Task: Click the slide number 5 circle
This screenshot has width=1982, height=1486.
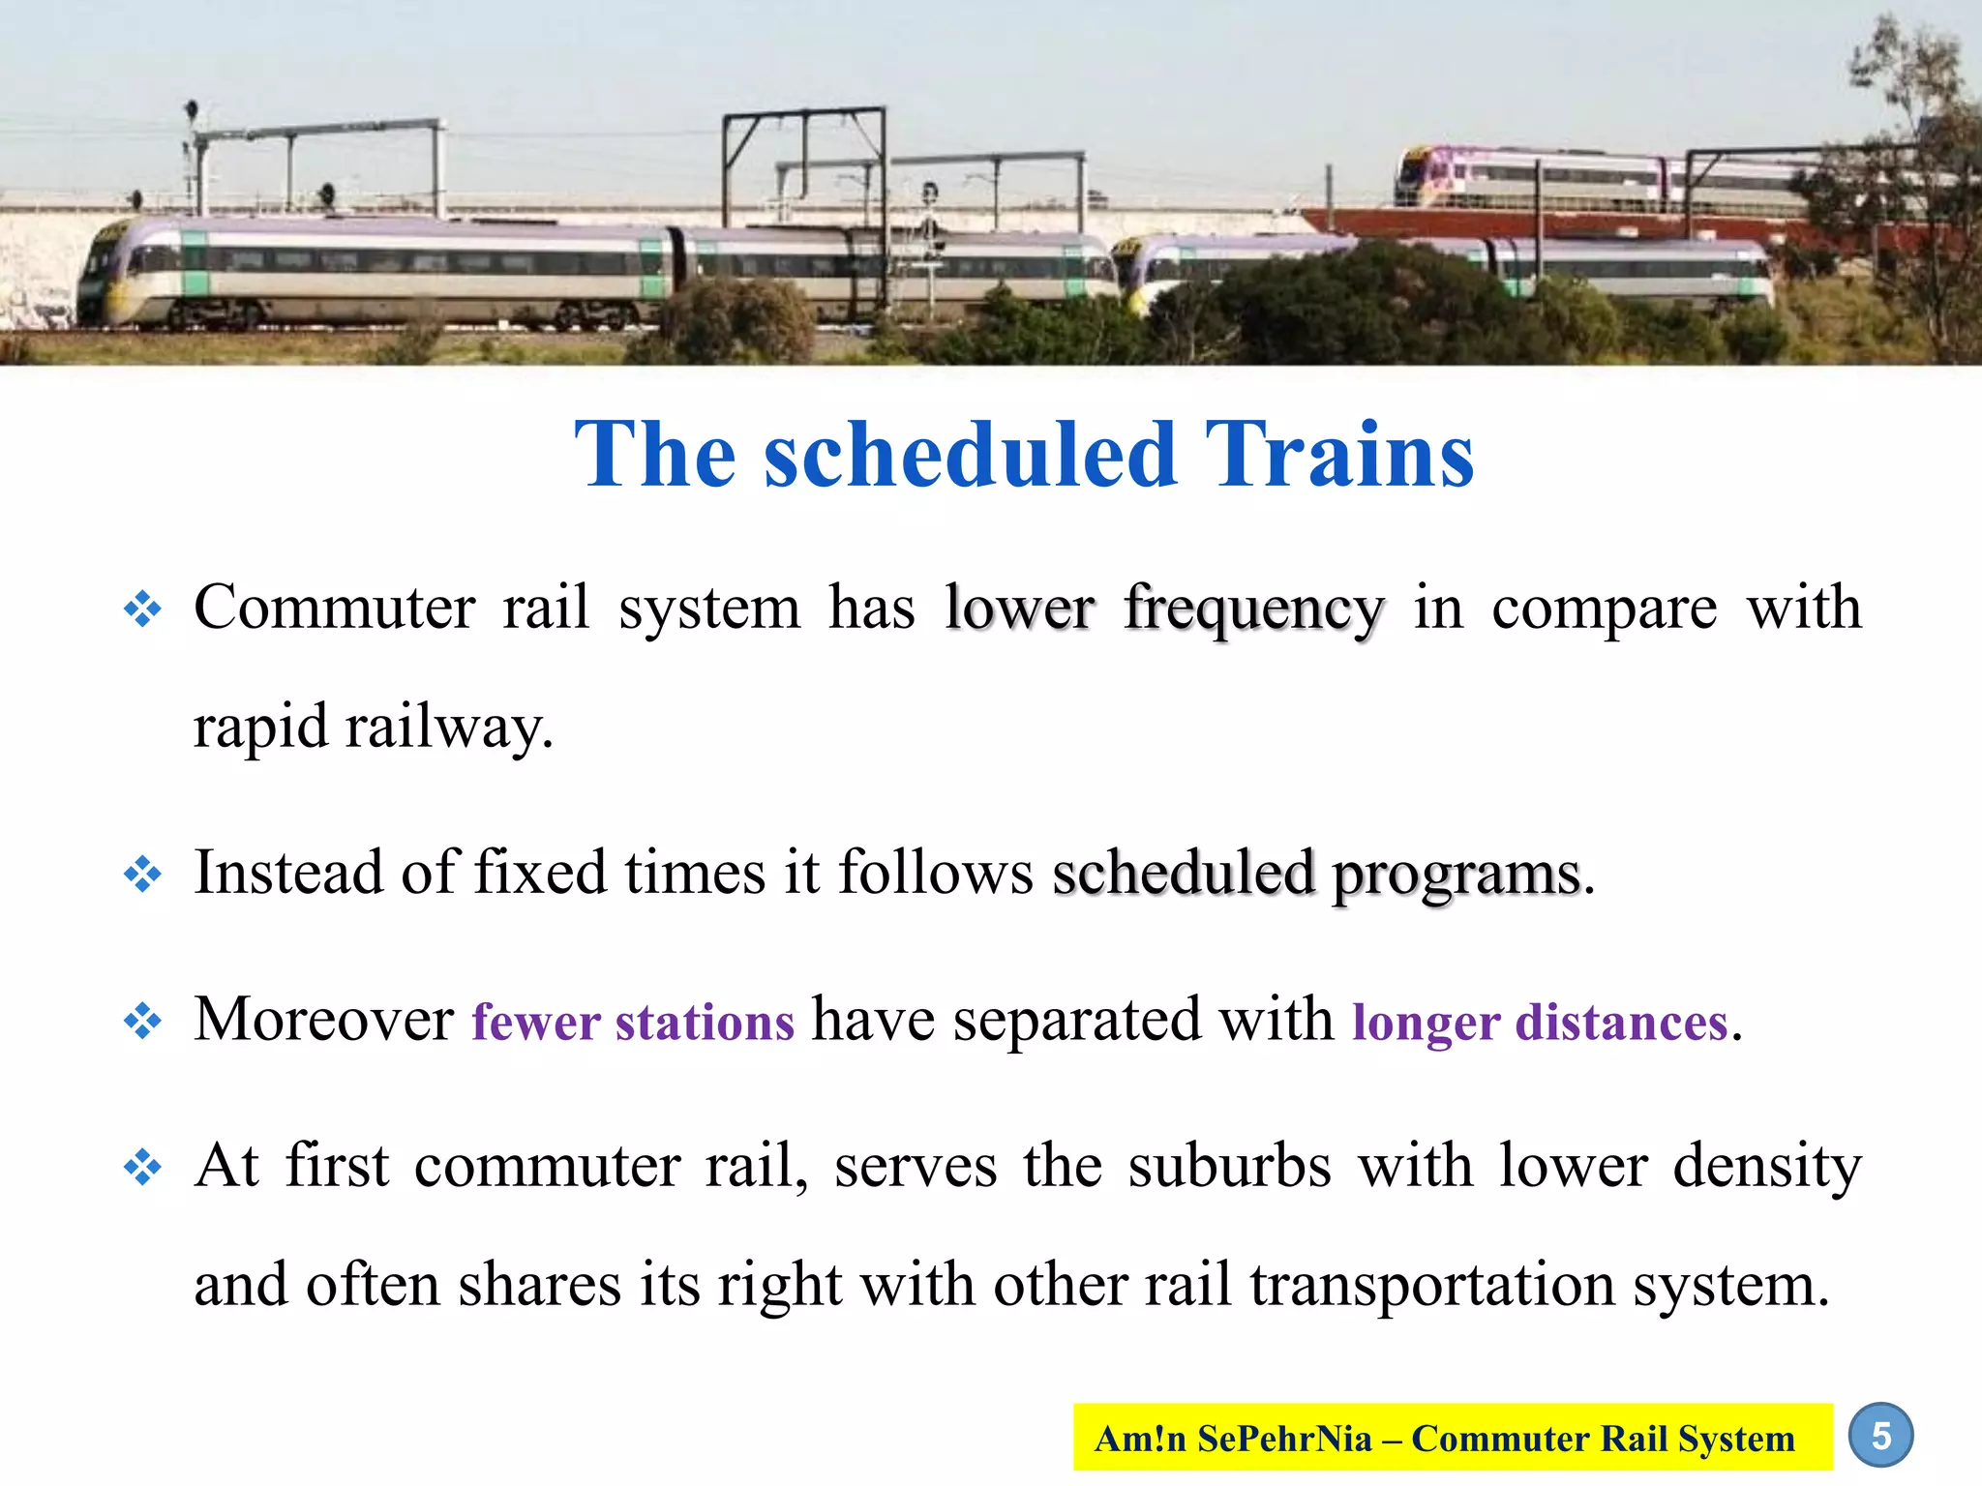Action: [1880, 1436]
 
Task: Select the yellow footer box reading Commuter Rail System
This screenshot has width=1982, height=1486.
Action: [1453, 1438]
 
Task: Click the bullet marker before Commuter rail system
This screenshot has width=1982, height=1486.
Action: [142, 610]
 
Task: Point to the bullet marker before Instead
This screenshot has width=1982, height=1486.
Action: [142, 875]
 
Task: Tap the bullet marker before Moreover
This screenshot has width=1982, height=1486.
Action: [142, 1022]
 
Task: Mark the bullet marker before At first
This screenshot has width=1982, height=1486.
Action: [142, 1167]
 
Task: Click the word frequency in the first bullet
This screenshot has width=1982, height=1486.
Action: [1254, 610]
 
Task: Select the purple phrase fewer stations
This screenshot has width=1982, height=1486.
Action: [633, 1022]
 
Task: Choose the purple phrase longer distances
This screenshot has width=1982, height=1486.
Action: [1540, 1022]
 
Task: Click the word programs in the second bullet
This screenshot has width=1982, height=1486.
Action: [1456, 875]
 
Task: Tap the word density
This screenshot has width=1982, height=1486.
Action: [1767, 1167]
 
